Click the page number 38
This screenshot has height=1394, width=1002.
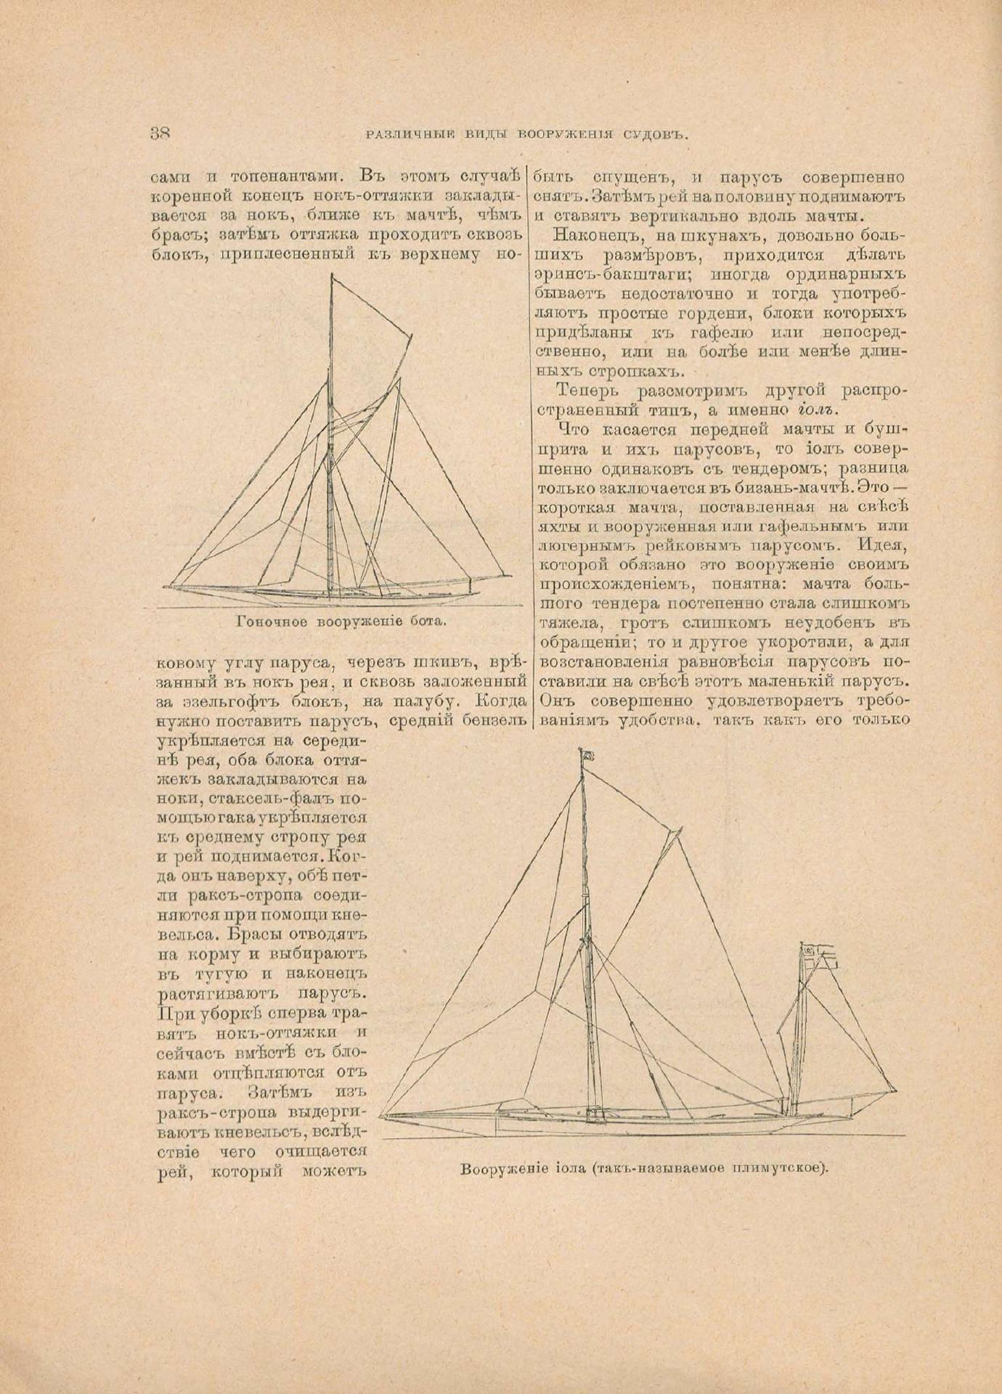160,134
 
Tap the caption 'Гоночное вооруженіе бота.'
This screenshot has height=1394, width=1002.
341,621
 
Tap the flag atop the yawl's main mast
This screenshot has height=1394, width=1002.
587,757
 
